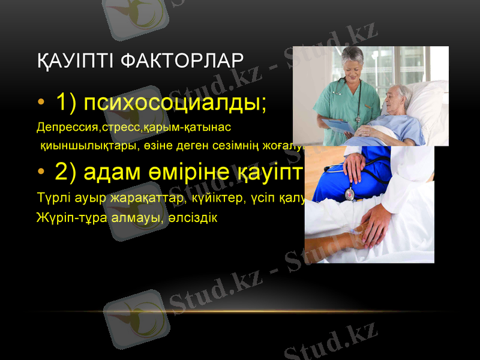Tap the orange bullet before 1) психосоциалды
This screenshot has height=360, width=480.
40,103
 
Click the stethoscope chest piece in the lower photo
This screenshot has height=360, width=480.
349,194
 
